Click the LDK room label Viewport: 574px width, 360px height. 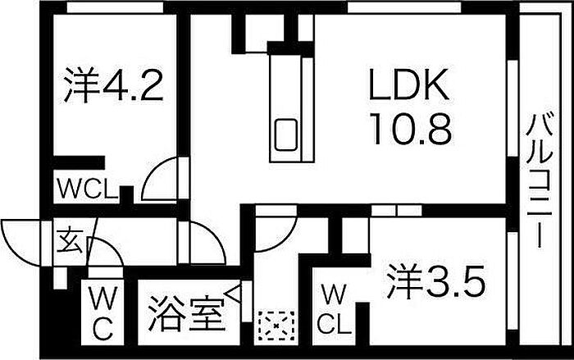tap(408, 84)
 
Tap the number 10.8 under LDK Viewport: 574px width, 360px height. tap(411, 129)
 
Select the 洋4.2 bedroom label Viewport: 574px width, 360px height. tap(113, 84)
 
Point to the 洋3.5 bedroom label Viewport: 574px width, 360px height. tap(436, 281)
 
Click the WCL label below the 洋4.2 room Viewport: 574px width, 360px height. tap(87, 189)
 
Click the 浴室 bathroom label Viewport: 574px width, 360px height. tap(185, 313)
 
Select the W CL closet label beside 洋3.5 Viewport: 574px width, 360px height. tap(334, 309)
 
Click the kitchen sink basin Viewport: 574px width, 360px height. tap(286, 134)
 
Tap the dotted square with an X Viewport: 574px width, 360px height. tap(276, 326)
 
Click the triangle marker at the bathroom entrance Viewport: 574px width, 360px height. tap(234, 293)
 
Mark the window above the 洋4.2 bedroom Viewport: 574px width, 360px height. tap(116, 7)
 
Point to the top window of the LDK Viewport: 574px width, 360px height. tap(404, 7)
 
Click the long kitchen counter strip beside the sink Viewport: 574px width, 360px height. tap(307, 109)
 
